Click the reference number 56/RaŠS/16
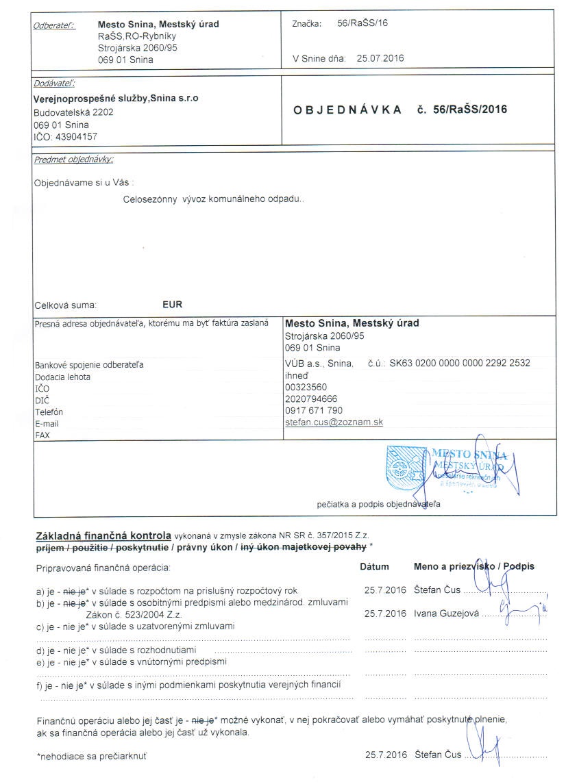(x=362, y=23)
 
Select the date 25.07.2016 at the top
(x=380, y=58)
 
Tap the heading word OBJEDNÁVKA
(x=347, y=110)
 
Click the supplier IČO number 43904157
(x=75, y=137)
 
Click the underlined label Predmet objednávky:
(x=73, y=160)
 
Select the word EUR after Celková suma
(x=173, y=305)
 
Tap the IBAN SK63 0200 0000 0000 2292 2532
(x=459, y=363)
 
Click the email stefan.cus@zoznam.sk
(x=334, y=422)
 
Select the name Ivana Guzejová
(x=445, y=614)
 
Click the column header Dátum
(x=374, y=566)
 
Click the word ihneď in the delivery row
(x=297, y=375)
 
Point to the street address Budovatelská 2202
(x=73, y=112)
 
